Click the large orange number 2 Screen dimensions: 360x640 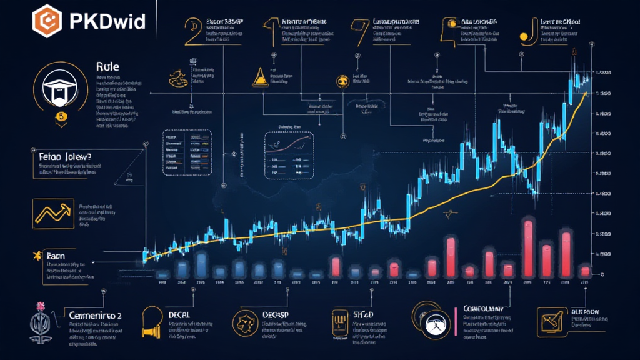tap(192, 31)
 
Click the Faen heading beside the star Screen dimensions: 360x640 tap(61, 256)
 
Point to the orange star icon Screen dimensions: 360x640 tap(36, 256)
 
